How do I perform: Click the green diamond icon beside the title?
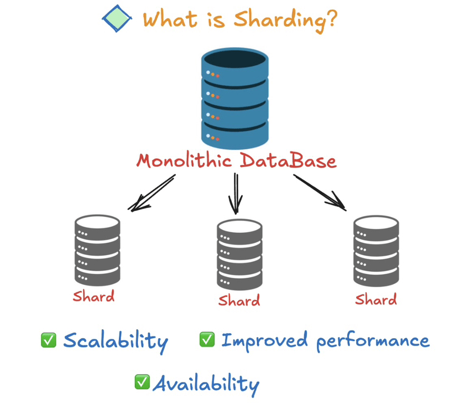click(x=117, y=19)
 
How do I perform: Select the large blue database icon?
click(x=235, y=98)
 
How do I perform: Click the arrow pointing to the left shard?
click(x=151, y=194)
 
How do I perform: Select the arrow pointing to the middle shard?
click(x=236, y=193)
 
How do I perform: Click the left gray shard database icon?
click(x=97, y=250)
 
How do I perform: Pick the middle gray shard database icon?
click(x=240, y=254)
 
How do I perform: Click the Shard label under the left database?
click(x=94, y=296)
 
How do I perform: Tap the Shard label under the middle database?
click(x=239, y=300)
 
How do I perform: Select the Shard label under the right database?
click(x=376, y=299)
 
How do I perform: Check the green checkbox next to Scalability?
click(x=49, y=340)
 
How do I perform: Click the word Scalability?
click(x=116, y=341)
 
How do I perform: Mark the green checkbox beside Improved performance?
click(x=207, y=339)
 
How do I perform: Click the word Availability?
click(x=206, y=384)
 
